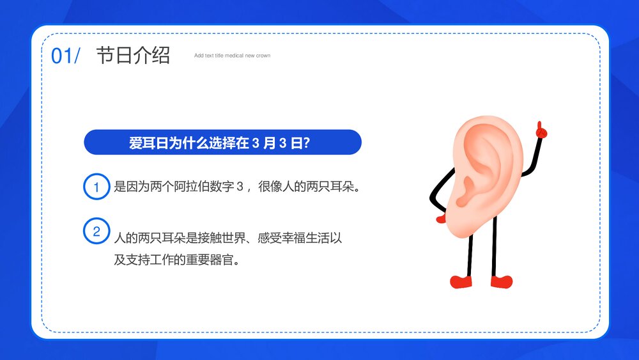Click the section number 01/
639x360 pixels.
coord(65,56)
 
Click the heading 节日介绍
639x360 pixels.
coord(133,56)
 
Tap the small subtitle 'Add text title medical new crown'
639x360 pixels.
coord(232,56)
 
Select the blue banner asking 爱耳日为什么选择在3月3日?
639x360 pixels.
coord(222,142)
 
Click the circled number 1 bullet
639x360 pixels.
coord(96,187)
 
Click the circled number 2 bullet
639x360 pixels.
coord(96,231)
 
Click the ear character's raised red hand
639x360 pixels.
coord(541,130)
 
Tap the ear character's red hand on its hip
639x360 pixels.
coord(441,219)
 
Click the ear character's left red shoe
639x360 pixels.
coord(461,281)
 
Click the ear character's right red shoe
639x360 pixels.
coord(502,281)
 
